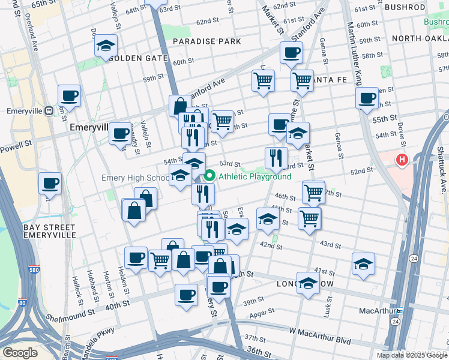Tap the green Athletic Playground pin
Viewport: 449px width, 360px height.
click(209, 176)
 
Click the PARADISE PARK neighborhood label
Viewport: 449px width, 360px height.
click(206, 41)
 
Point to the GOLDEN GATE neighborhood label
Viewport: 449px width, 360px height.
click(137, 58)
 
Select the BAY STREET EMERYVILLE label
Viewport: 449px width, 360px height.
click(49, 232)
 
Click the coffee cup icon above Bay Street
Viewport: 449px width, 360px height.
click(50, 183)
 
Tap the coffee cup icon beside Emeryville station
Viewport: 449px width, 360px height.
click(69, 95)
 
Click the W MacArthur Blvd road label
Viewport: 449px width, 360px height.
click(319, 331)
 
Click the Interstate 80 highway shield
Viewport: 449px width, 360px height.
click(22, 304)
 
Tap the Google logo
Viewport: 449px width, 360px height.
click(20, 353)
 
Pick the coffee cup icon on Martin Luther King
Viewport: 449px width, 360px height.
click(367, 98)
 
